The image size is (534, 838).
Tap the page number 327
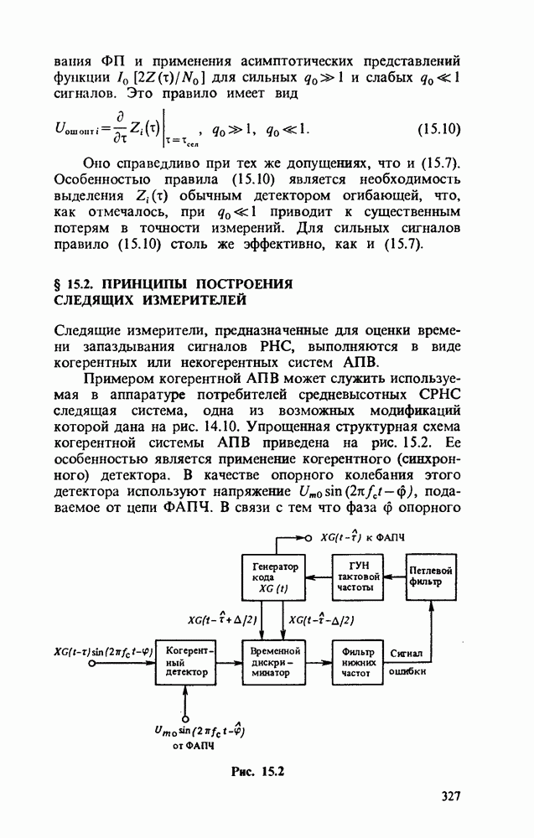click(x=451, y=796)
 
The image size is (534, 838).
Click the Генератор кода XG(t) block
click(x=275, y=578)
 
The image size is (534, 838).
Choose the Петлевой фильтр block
click(x=432, y=577)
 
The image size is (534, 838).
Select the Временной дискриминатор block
click(x=275, y=661)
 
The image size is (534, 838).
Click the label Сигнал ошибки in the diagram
click(x=408, y=661)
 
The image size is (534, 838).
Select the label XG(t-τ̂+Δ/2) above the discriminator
click(x=226, y=619)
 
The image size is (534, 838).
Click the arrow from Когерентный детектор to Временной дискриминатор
click(x=229, y=661)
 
